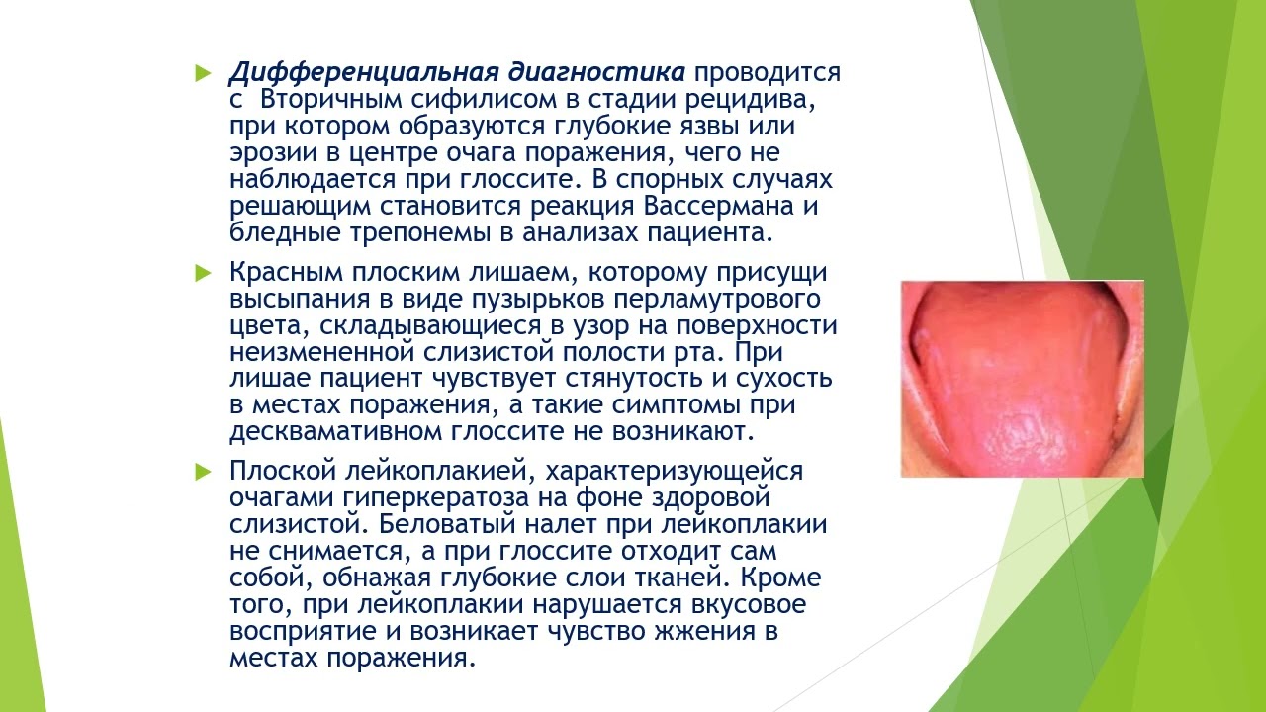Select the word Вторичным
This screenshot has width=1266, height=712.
pyautogui.click(x=332, y=101)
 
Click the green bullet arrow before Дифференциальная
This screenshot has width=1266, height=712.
pyautogui.click(x=203, y=73)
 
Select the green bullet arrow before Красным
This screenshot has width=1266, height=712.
pyautogui.click(x=203, y=272)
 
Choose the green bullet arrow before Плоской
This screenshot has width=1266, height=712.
pyautogui.click(x=203, y=471)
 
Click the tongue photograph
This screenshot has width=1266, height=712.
pyautogui.click(x=1022, y=379)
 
